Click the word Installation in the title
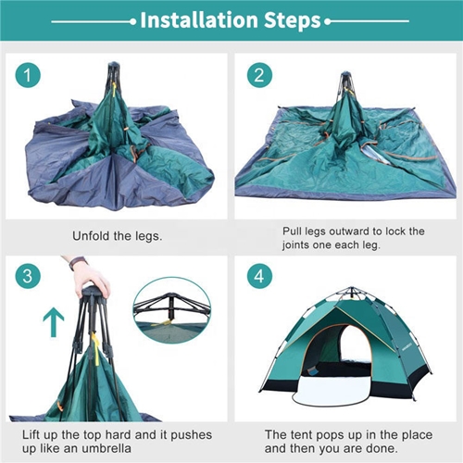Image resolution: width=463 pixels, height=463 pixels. tap(199, 20)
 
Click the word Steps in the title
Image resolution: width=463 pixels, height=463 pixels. tap(293, 20)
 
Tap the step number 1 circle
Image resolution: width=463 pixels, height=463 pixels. tap(28, 75)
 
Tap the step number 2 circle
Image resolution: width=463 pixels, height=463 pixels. tap(259, 75)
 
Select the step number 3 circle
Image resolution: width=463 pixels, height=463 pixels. tap(28, 275)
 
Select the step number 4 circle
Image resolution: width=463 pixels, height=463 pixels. tap(259, 275)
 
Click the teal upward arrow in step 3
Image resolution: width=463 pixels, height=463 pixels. tap(54, 321)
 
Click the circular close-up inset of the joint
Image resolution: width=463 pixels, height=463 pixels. tap(172, 310)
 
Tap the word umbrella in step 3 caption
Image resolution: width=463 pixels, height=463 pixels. tap(105, 448)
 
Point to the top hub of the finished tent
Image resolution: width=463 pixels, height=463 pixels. tap(351, 290)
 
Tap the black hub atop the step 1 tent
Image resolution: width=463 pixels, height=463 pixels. tap(114, 65)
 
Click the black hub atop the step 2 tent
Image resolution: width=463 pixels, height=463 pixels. tap(345, 75)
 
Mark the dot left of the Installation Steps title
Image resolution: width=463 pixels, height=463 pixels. tap(133, 21)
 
